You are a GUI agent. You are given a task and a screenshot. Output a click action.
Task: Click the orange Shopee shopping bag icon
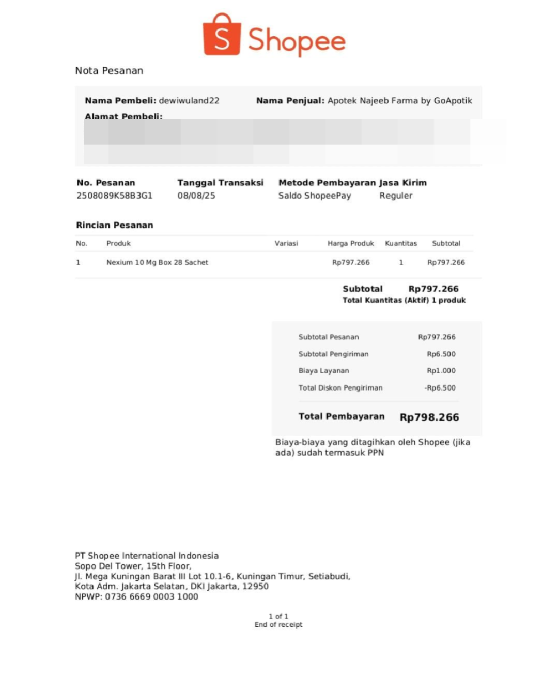click(222, 35)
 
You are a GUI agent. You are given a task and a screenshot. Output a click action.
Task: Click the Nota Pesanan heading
click(109, 71)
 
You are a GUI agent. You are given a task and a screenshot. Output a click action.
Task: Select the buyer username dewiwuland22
click(189, 101)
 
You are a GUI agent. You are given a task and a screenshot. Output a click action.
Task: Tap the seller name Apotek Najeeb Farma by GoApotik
click(400, 101)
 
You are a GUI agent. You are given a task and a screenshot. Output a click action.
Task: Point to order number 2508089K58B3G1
click(114, 196)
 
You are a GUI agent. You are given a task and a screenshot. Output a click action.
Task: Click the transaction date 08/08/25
click(196, 196)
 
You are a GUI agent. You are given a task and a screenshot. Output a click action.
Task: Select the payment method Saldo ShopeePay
click(315, 196)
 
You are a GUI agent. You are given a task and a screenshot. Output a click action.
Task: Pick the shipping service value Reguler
click(396, 196)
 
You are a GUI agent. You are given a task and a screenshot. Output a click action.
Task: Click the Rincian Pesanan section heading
click(115, 225)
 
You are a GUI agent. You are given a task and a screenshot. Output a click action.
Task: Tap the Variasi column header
click(286, 243)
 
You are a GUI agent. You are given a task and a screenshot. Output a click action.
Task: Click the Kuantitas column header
click(401, 243)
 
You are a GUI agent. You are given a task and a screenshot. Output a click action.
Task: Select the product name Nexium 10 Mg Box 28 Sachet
click(157, 262)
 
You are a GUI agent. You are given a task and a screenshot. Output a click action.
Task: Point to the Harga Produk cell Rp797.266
click(351, 262)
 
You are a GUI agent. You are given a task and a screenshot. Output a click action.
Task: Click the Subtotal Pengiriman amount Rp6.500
click(441, 354)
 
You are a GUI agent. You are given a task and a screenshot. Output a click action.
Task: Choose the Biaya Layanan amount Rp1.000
click(441, 371)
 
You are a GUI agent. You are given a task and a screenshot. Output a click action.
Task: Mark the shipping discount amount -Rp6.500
click(440, 388)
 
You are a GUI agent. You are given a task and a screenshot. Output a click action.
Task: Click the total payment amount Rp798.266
click(429, 417)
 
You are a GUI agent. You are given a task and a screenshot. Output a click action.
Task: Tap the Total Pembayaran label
click(342, 416)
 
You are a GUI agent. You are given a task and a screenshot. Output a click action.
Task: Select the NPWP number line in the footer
click(136, 596)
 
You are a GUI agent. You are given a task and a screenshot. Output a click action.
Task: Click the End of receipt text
click(278, 625)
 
